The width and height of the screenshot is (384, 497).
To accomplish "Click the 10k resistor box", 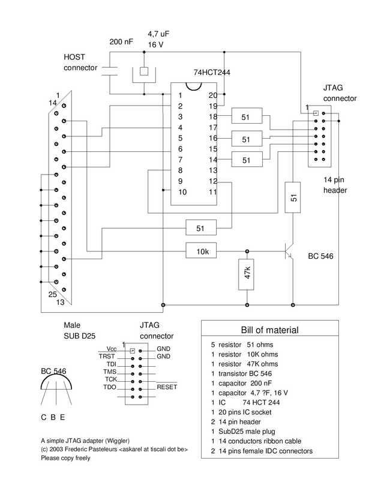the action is coord(201,251).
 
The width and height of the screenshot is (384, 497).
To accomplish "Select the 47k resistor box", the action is coord(246,274).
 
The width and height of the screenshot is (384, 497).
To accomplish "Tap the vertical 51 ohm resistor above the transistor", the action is coord(292,197).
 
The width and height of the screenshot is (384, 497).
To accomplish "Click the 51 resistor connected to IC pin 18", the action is coord(247,116).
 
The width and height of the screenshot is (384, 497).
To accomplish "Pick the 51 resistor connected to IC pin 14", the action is coord(247,159).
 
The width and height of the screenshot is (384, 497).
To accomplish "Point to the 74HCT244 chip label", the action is coord(212,73).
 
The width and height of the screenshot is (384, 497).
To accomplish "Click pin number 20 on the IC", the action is coord(212,95).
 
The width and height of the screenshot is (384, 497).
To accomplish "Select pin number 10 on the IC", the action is coord(182,192).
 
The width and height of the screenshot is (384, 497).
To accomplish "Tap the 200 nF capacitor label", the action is coord(121,42).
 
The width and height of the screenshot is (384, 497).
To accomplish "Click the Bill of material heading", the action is coord(269,330).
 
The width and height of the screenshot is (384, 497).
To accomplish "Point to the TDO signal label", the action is coord(110,387).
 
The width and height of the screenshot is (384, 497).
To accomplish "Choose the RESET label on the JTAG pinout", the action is coord(167,387).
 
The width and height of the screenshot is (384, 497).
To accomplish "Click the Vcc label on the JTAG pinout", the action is coord(112,349).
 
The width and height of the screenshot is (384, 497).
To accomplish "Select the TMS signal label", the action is coord(110,372).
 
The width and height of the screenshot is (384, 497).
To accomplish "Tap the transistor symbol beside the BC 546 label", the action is coord(289,251).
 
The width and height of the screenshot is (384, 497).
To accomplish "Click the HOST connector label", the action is coord(80,62).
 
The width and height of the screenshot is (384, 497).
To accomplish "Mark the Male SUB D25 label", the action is coord(79,330).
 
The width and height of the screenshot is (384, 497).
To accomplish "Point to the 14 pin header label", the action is coord(335,185).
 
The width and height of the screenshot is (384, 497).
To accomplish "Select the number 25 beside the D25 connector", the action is coord(53,294).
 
